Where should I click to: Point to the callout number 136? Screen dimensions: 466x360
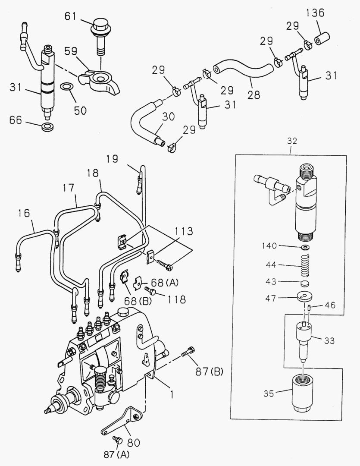[315, 13]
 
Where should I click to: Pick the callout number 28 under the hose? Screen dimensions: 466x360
[254, 94]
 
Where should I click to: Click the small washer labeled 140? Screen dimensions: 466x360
[305, 246]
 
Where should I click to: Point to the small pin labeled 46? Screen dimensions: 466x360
[310, 307]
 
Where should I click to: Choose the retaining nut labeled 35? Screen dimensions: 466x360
[304, 393]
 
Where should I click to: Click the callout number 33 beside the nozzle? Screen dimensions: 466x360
[329, 341]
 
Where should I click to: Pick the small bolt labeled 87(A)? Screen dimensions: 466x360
[116, 440]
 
